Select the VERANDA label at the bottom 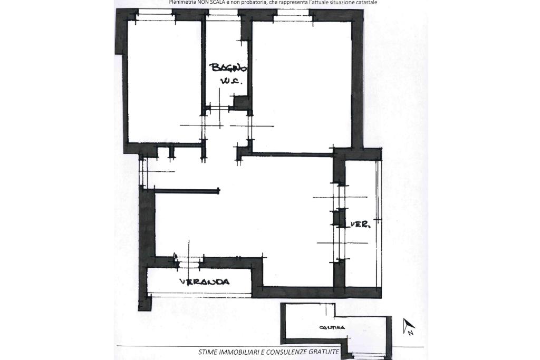(x=204, y=281)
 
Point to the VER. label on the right (x=361, y=225)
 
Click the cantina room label (x=332, y=327)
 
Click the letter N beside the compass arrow (x=410, y=333)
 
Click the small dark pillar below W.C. (x=240, y=102)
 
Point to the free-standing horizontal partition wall (x=187, y=191)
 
